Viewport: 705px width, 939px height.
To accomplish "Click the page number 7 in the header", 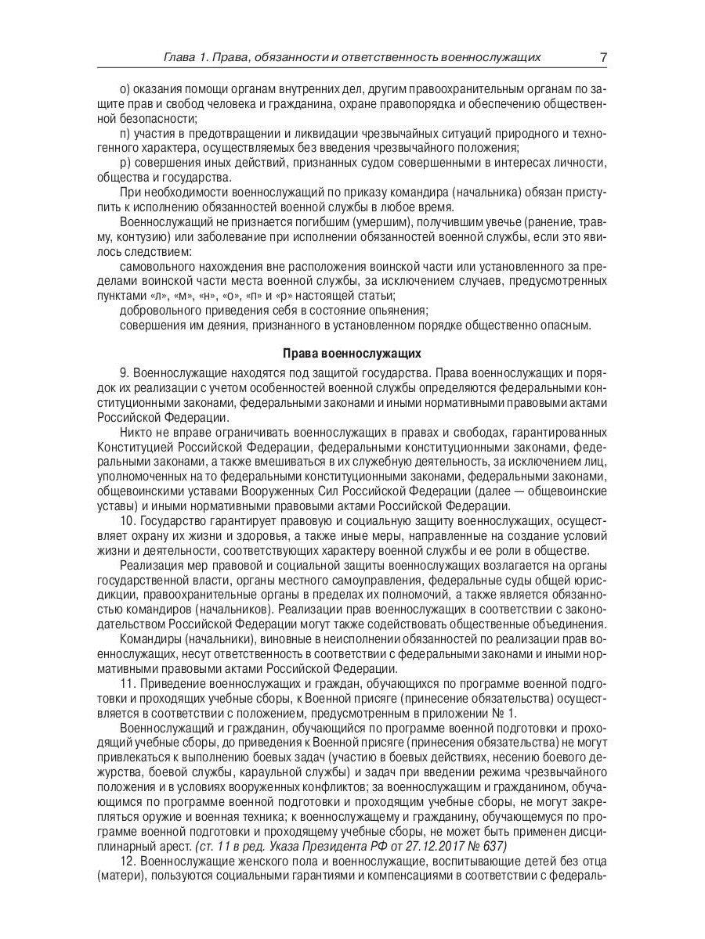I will [x=603, y=58].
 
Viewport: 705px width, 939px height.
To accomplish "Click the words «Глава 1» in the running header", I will [x=186, y=58].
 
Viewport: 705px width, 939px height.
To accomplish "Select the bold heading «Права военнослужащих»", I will [x=352, y=353].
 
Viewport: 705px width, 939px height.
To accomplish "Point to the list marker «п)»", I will [x=125, y=134].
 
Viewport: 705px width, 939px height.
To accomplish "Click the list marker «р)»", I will [x=125, y=163].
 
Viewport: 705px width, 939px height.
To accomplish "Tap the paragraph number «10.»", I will [x=128, y=520].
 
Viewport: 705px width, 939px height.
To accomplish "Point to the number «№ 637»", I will [x=487, y=846].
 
